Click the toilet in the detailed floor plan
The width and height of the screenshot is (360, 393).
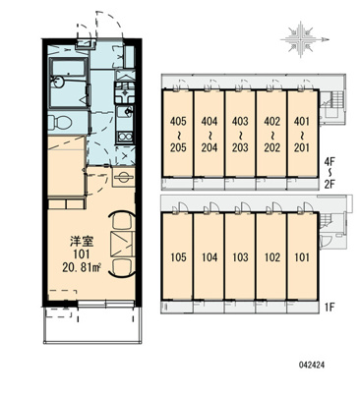pos(60,122)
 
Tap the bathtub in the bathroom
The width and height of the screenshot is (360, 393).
pos(69,83)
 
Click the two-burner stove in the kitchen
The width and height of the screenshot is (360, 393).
pos(125,136)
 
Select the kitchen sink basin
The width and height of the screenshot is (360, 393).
pos(125,112)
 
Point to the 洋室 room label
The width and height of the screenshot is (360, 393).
pos(82,242)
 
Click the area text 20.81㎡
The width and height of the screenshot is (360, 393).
pos(82,268)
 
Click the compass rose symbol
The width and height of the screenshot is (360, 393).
pos(302,39)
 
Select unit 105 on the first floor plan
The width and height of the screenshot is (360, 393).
pos(178,256)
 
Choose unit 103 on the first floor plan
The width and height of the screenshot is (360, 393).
pos(240,256)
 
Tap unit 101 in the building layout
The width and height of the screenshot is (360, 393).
pos(302,256)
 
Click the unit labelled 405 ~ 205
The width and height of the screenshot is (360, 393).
pos(178,134)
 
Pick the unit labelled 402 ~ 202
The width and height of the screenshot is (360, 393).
pos(271,134)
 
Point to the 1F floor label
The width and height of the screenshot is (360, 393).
pos(329,308)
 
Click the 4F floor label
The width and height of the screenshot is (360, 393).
pos(329,162)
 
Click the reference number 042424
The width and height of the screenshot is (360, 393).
pos(311,365)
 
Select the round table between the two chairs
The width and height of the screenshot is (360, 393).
pos(123,243)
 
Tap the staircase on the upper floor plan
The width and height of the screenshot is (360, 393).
pos(336,98)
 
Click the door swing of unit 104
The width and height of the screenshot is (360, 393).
pos(211,207)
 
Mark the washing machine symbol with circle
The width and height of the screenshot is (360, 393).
pos(124,177)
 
